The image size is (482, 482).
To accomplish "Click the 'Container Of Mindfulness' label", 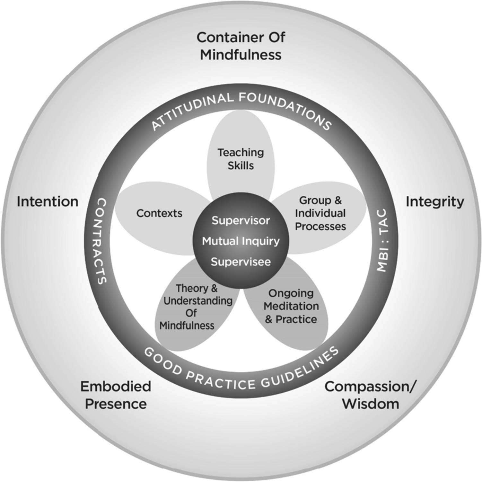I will coord(241,46).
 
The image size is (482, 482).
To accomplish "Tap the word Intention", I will coord(48,202).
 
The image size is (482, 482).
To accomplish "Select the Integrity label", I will coord(435,202).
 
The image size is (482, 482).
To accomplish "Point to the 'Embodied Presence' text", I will coord(116,395).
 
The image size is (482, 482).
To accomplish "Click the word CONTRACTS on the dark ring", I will coord(101,241).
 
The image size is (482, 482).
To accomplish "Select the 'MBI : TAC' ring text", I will coord(382,241).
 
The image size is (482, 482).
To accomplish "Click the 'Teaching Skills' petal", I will coord(241,159).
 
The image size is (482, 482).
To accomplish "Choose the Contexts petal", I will coord(159,213).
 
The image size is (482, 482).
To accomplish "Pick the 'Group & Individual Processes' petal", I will coord(320,213).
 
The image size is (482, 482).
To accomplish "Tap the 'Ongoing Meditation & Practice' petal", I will coord(291,306).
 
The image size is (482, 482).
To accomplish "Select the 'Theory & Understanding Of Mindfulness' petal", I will coord(192,307).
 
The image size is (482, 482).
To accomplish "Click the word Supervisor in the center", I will coord(241,220).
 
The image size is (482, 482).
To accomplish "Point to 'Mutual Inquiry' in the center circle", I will coord(241,241).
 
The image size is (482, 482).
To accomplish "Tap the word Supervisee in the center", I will coord(241,262).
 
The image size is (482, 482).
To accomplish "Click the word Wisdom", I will coord(371,404).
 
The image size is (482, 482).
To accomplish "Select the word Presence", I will coord(116,404).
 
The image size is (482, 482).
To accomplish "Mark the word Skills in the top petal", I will coord(241,165).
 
